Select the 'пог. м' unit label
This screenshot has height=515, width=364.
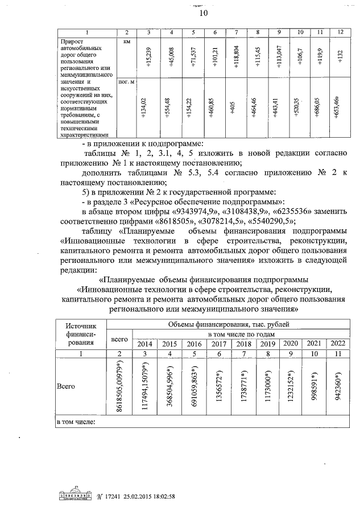pos(126,83)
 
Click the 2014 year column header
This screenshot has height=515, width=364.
pos(146,344)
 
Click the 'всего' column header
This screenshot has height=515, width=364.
pos(119,339)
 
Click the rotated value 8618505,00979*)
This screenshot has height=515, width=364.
pos(121,387)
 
